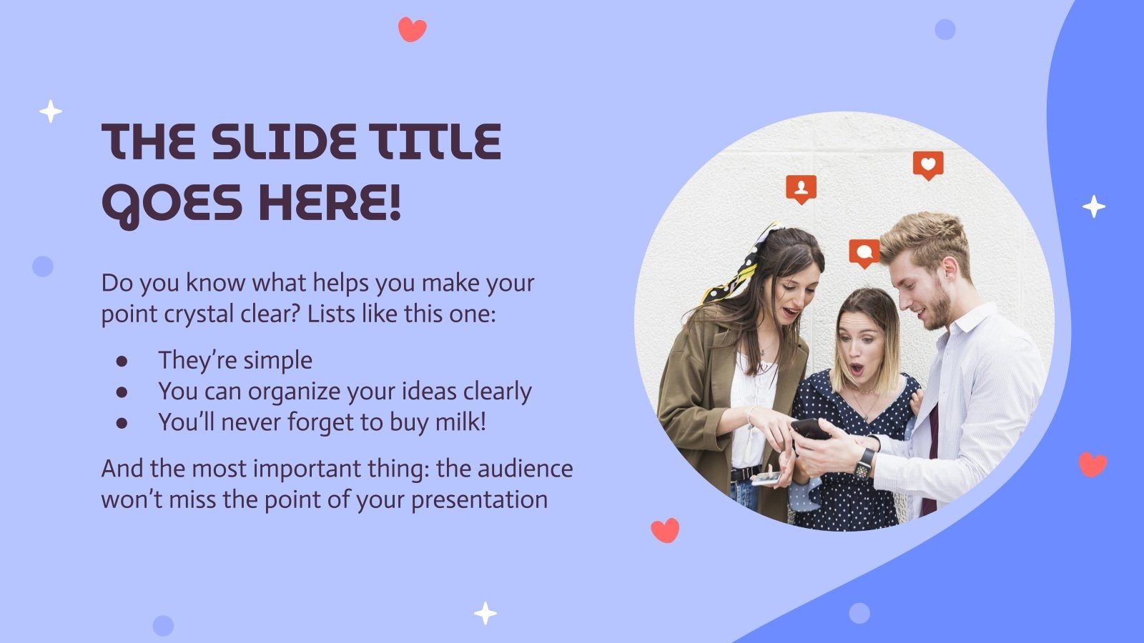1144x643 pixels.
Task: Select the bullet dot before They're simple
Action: (x=122, y=362)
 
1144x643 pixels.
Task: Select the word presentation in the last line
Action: (x=479, y=499)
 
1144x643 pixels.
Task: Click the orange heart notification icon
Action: (x=928, y=165)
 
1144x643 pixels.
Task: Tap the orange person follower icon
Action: (x=801, y=189)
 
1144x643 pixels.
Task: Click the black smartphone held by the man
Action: (x=809, y=429)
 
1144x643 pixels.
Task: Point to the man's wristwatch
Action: (x=864, y=464)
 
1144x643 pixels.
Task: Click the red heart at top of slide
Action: (x=412, y=29)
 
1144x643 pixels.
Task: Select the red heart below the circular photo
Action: (x=665, y=530)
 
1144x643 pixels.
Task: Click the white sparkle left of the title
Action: (x=50, y=111)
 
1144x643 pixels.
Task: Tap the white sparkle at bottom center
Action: (x=485, y=613)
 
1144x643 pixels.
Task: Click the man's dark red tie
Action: (x=932, y=457)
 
